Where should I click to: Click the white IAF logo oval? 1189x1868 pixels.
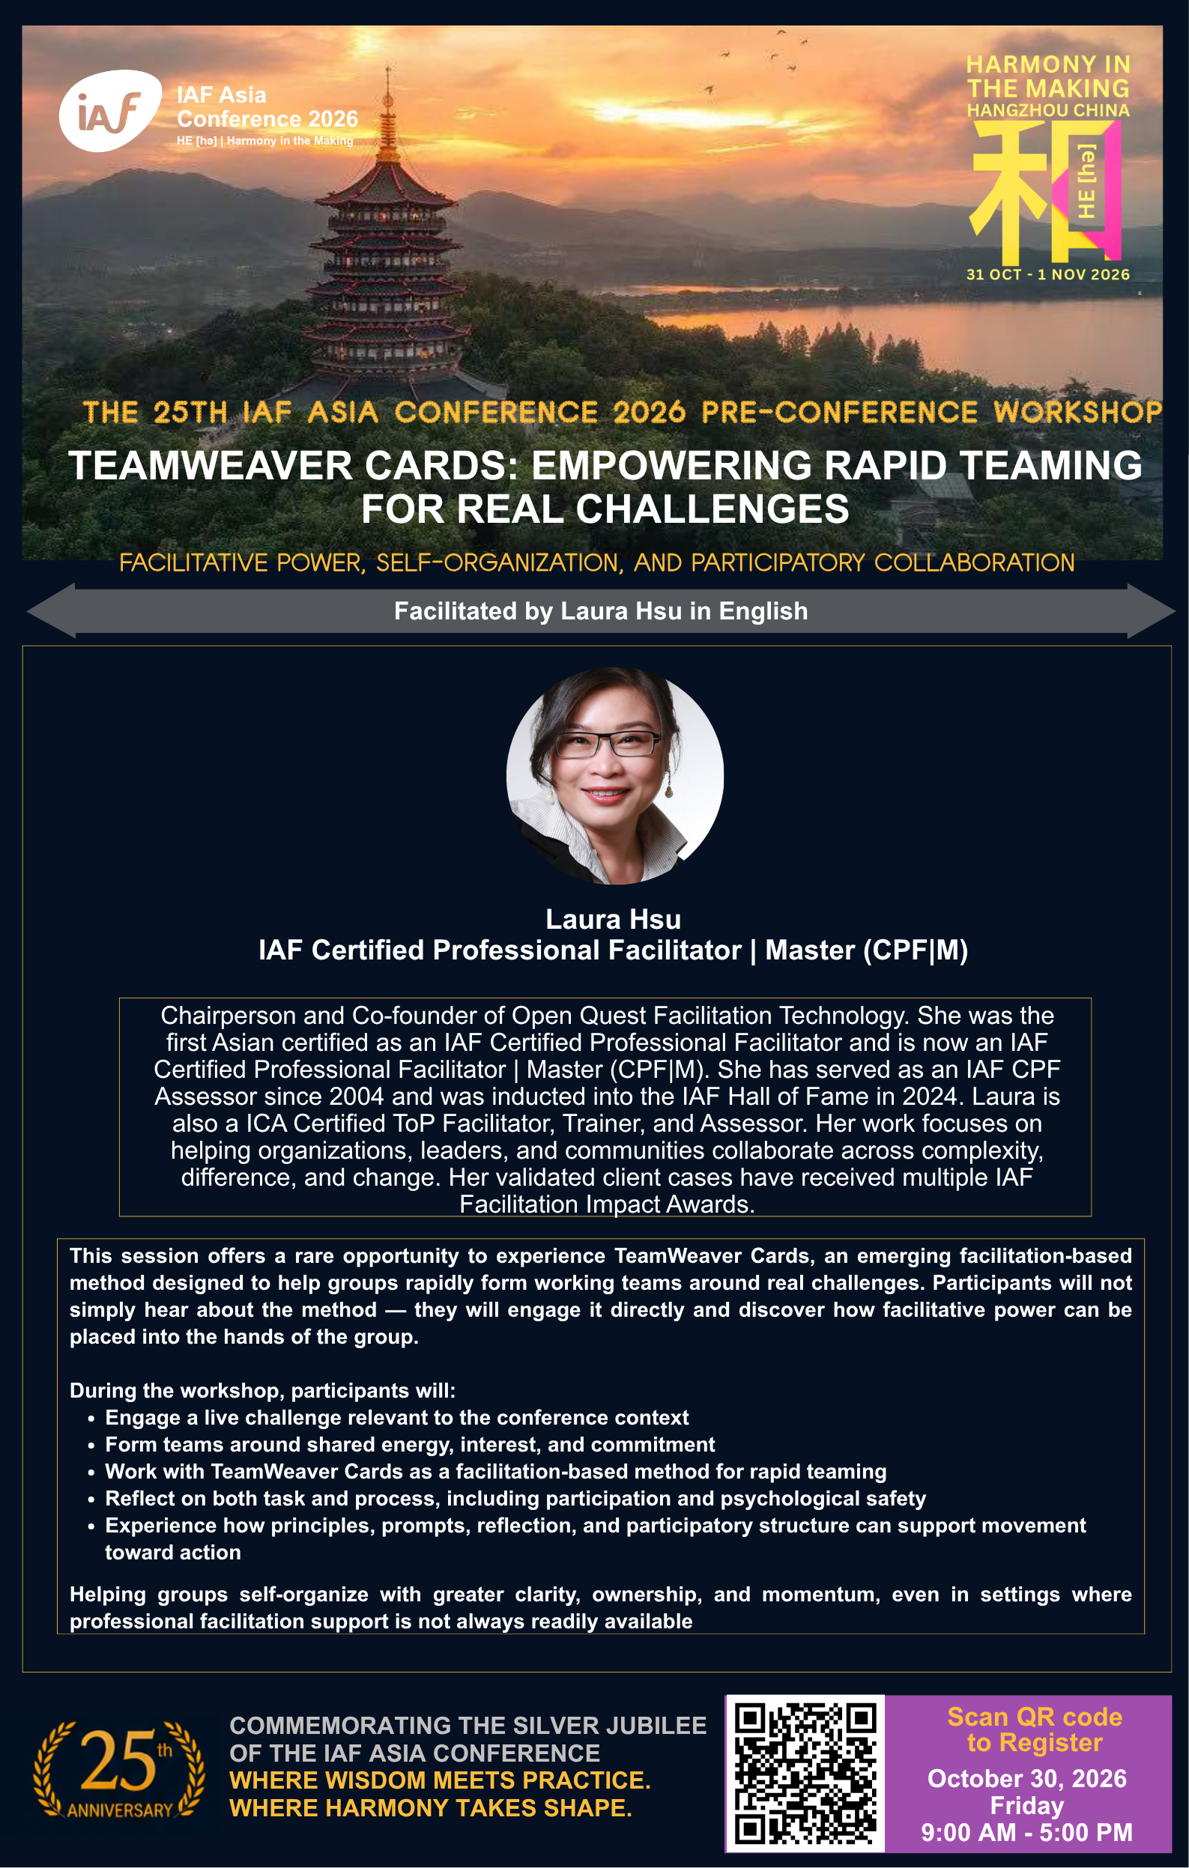(110, 111)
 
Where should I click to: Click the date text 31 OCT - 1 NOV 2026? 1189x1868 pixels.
(1047, 275)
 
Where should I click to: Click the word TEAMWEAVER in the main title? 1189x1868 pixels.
(211, 466)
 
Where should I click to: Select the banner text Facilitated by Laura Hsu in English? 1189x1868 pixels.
(601, 611)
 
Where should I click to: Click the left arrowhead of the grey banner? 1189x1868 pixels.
(51, 611)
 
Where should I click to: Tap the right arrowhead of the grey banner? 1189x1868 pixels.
(1152, 611)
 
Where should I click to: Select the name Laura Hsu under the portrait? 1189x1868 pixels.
(613, 919)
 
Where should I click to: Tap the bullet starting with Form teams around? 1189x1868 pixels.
(410, 1444)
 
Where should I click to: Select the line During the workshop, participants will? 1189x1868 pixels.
(262, 1391)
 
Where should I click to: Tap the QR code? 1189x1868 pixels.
(805, 1774)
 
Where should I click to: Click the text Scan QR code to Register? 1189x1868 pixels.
(1035, 1729)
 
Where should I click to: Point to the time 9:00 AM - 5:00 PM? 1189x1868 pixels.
(1026, 1832)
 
